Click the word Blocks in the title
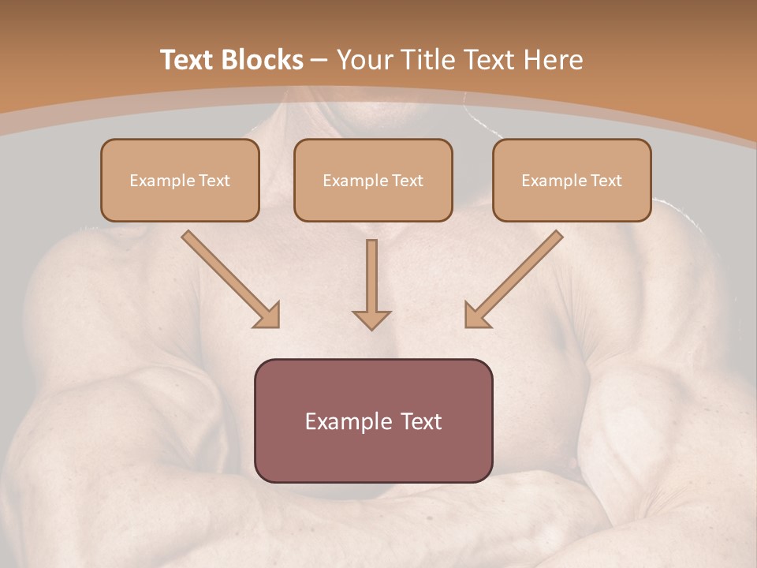coord(262,59)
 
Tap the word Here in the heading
coord(553,59)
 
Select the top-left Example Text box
coord(180,180)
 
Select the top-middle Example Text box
coord(373,180)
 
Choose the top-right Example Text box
coord(572,180)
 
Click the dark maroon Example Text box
coord(374,420)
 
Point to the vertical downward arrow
coord(371,285)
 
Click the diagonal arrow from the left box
coord(231,279)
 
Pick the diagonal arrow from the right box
coord(514,279)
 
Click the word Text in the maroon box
coord(421,421)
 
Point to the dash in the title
coord(319,62)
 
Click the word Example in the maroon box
coord(349,421)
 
